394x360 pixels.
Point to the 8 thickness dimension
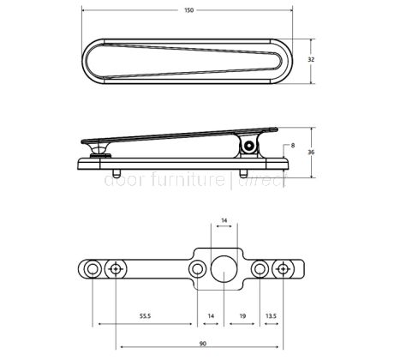point(294,146)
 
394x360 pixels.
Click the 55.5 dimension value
point(146,316)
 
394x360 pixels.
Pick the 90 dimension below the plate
point(201,344)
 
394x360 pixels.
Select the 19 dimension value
point(243,316)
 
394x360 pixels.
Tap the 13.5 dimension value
point(272,316)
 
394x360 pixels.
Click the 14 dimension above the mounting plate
point(224,220)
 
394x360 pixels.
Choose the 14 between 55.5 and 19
point(211,316)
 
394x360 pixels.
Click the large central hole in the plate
point(225,269)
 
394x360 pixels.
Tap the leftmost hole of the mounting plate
point(90,269)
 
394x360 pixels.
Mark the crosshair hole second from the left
point(114,269)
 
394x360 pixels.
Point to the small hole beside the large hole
point(198,269)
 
